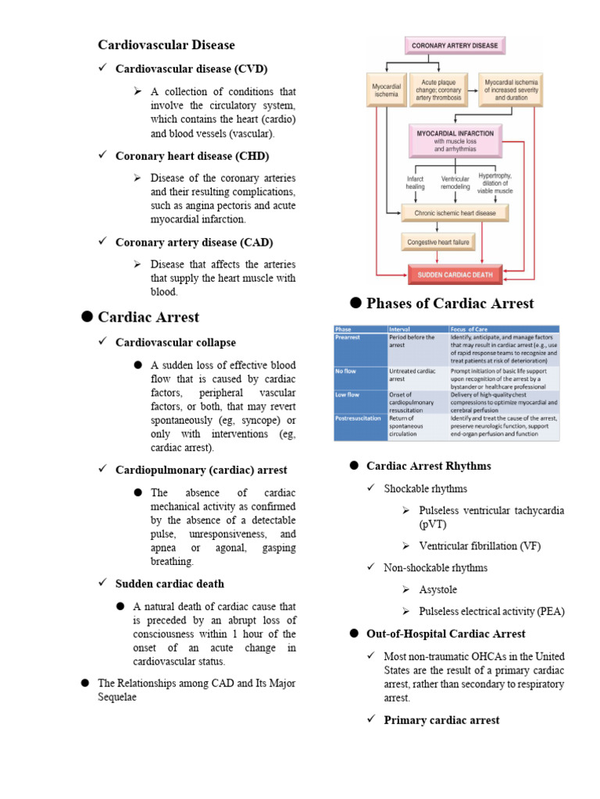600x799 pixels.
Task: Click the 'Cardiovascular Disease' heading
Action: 166,44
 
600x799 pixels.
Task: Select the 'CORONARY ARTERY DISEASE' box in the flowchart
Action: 455,46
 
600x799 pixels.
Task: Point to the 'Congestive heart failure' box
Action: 438,242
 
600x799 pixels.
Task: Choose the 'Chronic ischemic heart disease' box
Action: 455,212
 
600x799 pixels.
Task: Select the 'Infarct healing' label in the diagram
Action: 415,183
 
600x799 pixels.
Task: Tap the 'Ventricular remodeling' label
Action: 455,183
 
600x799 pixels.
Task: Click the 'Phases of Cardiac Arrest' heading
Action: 450,304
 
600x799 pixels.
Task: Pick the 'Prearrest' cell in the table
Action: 348,338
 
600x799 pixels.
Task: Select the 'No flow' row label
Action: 346,371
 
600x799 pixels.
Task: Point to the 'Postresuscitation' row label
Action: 359,418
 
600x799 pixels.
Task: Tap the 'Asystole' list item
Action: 438,590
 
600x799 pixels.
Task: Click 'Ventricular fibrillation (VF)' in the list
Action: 480,546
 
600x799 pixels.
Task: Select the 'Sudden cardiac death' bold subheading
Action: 170,584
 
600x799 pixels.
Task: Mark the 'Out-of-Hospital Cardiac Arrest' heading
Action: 445,634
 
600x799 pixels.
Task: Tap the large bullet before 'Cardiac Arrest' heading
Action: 87,316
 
